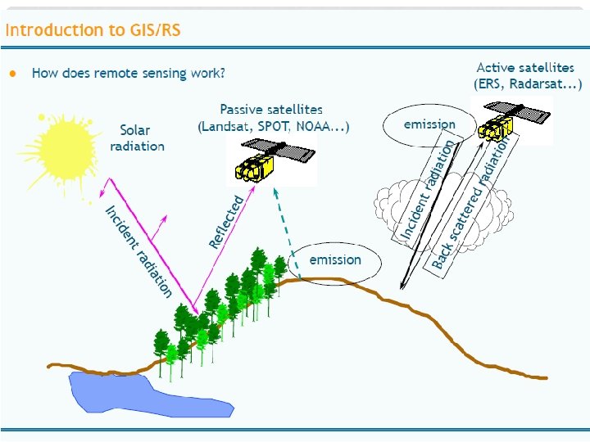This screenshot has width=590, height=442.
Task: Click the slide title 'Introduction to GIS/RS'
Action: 93,31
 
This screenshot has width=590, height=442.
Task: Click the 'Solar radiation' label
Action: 137,138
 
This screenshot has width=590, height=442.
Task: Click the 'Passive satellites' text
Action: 271,109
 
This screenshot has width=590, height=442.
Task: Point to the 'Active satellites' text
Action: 525,68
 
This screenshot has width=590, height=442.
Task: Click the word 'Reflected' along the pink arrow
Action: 226,222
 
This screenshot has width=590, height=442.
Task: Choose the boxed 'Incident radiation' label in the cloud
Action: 427,192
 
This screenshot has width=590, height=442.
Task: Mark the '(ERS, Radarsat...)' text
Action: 528,84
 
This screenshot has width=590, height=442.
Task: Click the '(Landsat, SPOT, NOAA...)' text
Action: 274,126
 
